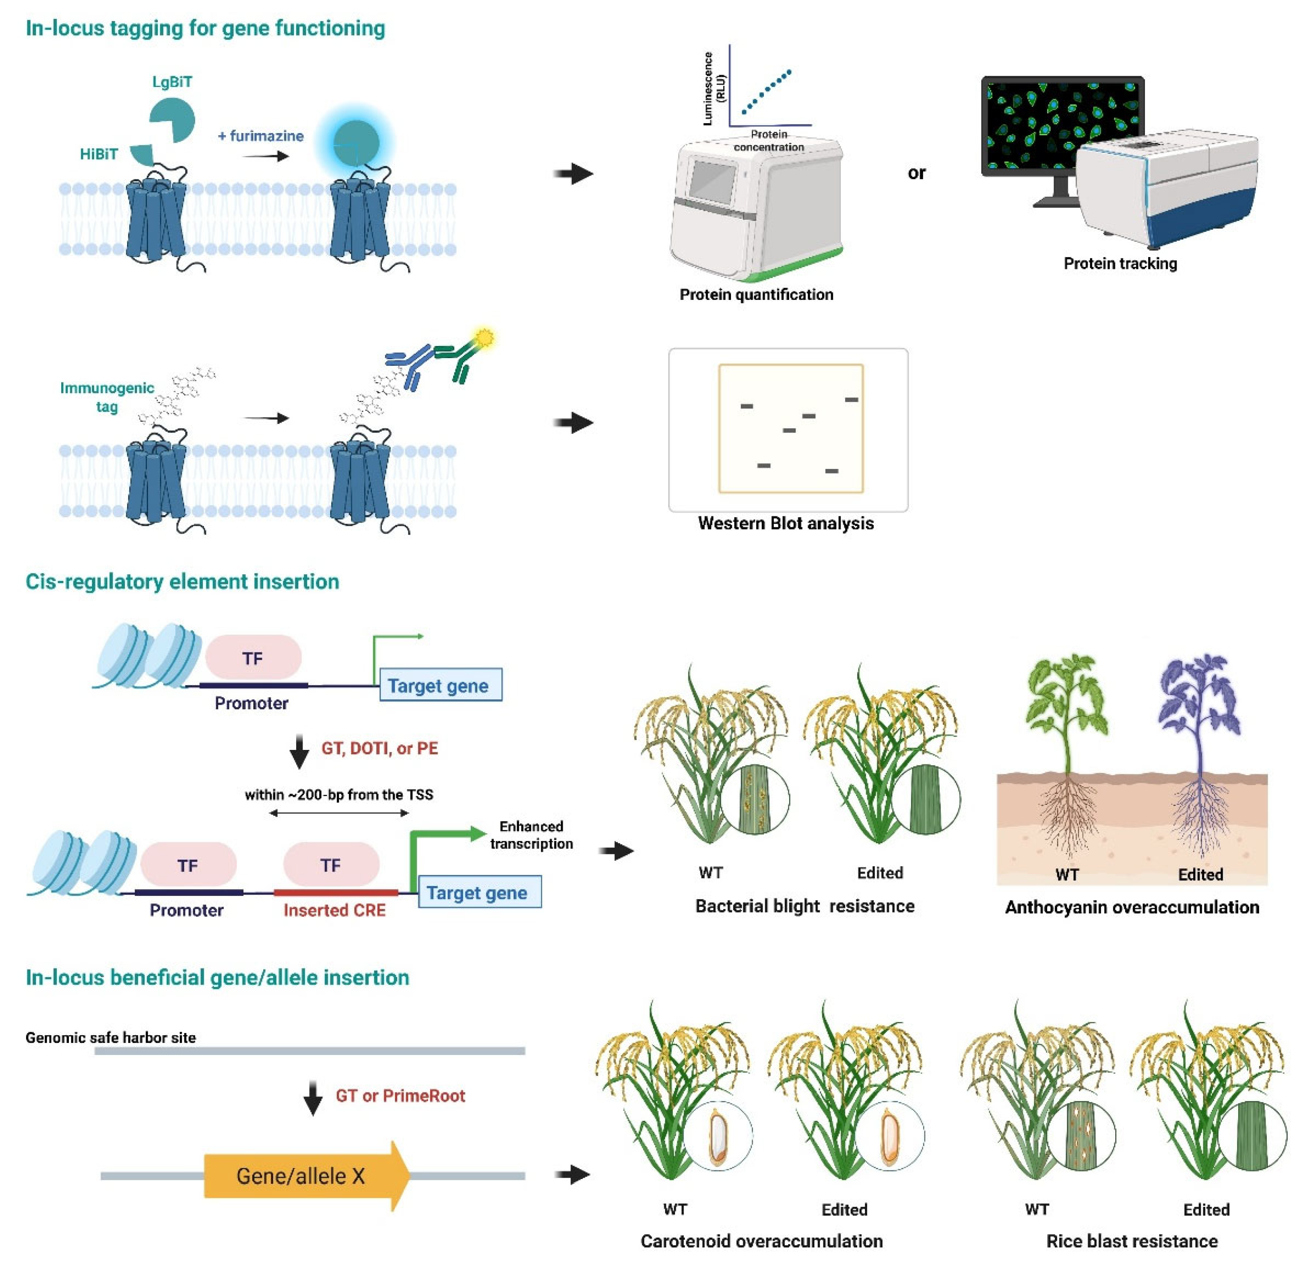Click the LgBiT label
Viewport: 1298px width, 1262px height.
click(172, 82)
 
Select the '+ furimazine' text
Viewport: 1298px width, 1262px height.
click(261, 136)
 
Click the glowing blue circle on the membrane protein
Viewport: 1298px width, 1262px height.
click(356, 142)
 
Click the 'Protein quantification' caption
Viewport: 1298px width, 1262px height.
click(756, 294)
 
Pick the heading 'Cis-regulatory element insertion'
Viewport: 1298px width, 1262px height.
click(182, 581)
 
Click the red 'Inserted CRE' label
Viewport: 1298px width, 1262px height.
click(334, 910)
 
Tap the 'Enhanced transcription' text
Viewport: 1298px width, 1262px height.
click(531, 835)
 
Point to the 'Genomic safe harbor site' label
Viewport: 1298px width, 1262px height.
click(111, 1037)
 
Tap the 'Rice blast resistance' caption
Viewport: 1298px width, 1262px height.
click(1131, 1241)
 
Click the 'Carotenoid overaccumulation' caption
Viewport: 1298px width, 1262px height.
click(761, 1241)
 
